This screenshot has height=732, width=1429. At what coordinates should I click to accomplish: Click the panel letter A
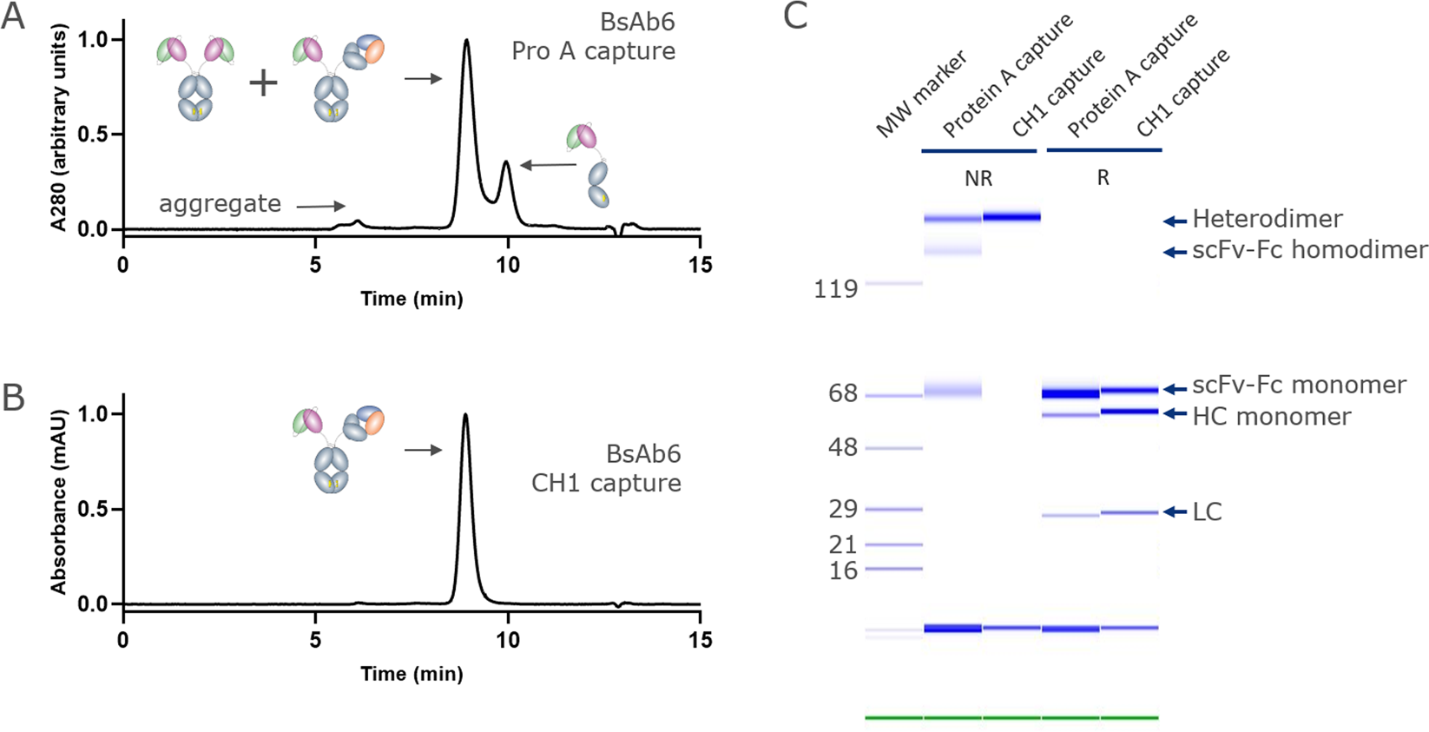(x=13, y=17)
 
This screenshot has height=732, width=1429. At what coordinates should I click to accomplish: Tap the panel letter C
(x=795, y=16)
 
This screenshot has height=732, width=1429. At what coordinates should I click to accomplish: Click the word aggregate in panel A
(x=220, y=204)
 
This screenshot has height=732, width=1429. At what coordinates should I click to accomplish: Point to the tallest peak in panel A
(x=467, y=42)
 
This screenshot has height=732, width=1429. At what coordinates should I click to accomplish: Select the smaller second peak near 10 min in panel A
(x=507, y=163)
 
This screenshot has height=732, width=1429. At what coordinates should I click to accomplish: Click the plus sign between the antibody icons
(x=263, y=83)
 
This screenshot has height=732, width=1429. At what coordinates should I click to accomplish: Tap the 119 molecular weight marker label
(x=835, y=288)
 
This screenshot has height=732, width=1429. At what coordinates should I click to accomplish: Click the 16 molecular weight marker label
(x=842, y=570)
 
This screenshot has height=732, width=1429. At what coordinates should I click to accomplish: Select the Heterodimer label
(x=1267, y=219)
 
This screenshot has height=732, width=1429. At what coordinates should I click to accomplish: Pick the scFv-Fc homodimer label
(x=1309, y=250)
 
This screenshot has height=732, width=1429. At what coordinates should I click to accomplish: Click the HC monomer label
(x=1271, y=417)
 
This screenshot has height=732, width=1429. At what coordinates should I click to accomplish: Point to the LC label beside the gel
(x=1207, y=512)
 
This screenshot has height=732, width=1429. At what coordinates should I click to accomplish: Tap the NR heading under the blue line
(x=978, y=179)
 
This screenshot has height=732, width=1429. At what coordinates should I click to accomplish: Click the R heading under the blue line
(x=1103, y=178)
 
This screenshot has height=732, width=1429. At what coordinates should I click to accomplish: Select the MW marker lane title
(x=920, y=96)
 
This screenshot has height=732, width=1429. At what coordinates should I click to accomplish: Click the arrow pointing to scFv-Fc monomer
(x=1175, y=389)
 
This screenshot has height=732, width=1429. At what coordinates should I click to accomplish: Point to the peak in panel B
(x=466, y=417)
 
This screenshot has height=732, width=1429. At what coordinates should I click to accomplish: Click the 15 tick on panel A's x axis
(x=700, y=265)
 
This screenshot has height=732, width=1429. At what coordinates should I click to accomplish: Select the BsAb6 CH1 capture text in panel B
(x=606, y=469)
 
